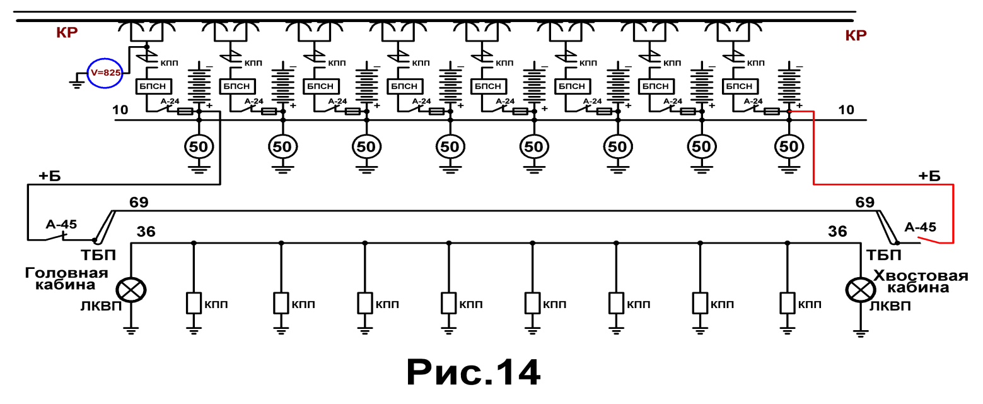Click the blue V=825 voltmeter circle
(x=105, y=73)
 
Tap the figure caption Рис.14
(x=473, y=372)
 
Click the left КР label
(x=67, y=32)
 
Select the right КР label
(x=856, y=35)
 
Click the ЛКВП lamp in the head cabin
(x=131, y=290)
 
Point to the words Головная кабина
(x=66, y=279)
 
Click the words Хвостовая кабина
(x=921, y=282)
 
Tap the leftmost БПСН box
(x=153, y=86)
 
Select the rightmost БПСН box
(x=739, y=86)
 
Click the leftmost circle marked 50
(x=199, y=146)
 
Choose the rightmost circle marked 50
(x=789, y=146)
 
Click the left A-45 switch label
(x=61, y=224)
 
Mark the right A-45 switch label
(x=920, y=227)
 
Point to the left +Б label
(x=50, y=176)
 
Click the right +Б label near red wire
(x=929, y=176)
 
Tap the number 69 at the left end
(x=139, y=202)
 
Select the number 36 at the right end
(x=837, y=232)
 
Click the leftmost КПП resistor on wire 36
(x=194, y=303)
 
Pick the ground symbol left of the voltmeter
(x=77, y=84)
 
